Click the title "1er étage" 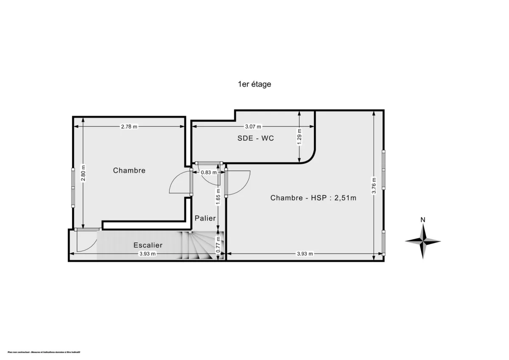254,84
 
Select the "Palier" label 205,218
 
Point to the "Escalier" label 148,245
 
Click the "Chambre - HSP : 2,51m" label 313,198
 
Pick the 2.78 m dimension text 129,126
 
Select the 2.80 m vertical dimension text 83,173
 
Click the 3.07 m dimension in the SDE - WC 253,126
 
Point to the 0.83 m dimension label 208,173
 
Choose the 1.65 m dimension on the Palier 218,196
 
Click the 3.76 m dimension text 374,185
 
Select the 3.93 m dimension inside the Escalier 148,254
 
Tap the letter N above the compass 422,220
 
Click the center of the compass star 423,241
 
